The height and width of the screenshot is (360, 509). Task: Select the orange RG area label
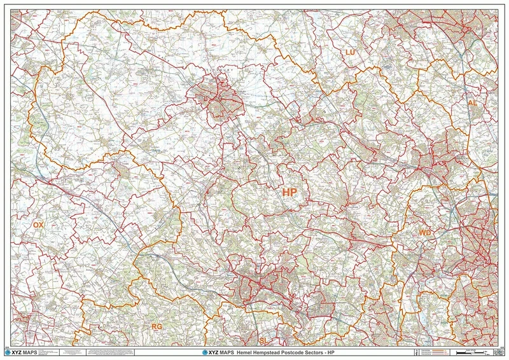(157, 326)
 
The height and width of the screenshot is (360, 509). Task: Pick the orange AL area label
(472, 102)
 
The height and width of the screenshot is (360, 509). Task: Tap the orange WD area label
(425, 233)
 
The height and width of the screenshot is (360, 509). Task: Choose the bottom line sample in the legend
(440, 354)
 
